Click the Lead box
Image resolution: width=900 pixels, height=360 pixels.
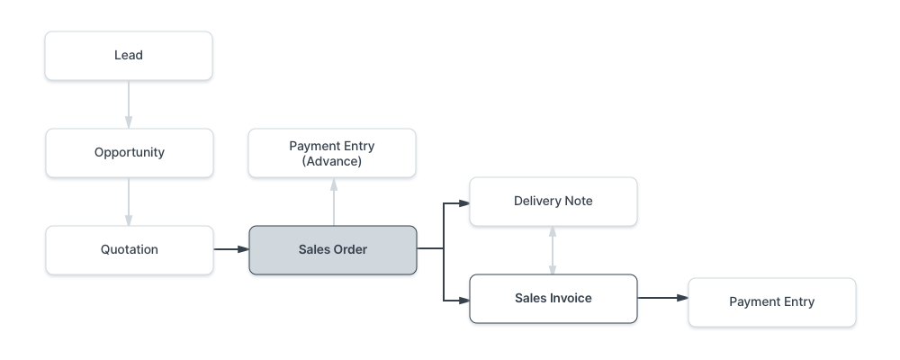pos(129,56)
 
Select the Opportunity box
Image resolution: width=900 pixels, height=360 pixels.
pos(129,153)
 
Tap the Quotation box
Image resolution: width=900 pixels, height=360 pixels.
pos(129,250)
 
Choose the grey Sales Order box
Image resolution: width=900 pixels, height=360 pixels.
pos(332,250)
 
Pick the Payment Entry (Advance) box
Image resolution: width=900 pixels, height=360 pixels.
pos(332,153)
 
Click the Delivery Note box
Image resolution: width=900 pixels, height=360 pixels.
pos(553,202)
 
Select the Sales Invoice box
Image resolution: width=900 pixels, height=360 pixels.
pos(553,299)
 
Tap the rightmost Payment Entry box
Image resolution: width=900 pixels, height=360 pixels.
pos(771,302)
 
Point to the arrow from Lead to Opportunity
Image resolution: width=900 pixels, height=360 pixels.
pos(129,103)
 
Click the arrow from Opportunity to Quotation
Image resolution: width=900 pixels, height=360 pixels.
pos(129,201)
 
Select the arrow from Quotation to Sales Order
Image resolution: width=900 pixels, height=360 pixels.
pos(230,248)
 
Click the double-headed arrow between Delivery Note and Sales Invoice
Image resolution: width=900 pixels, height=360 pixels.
pos(553,250)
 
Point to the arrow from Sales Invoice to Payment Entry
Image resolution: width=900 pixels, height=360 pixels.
pos(661,298)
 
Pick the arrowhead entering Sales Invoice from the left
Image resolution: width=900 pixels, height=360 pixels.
pos(464,298)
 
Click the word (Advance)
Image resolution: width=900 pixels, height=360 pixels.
pos(332,162)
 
